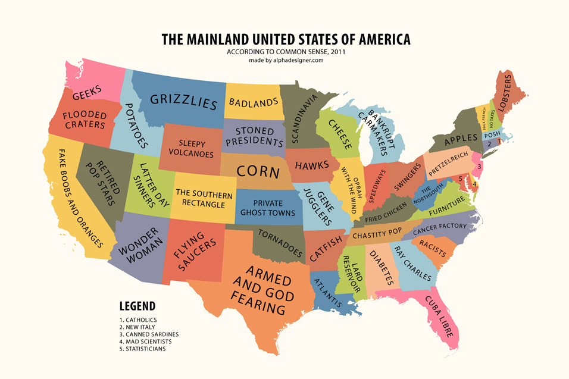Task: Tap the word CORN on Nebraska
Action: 258,171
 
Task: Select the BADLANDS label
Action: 253,103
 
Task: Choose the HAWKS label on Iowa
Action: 312,165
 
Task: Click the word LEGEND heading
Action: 137,306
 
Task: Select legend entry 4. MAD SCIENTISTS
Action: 145,342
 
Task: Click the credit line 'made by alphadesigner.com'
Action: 286,60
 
